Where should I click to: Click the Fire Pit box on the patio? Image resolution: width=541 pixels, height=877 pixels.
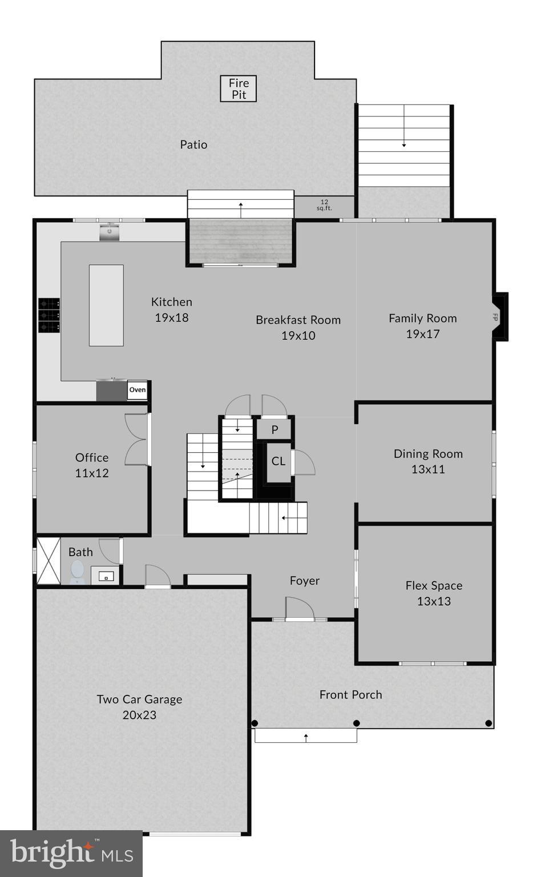(x=239, y=89)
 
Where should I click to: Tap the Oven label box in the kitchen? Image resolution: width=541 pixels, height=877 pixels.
(x=137, y=390)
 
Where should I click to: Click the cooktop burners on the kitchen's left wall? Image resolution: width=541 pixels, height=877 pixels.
(x=49, y=315)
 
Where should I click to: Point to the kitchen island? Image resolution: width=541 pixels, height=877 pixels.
(x=106, y=305)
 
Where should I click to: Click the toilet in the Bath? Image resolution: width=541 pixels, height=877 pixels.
(x=77, y=572)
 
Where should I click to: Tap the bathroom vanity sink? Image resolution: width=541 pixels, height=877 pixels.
(x=106, y=576)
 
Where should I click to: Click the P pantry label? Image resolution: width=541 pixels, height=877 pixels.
(x=274, y=429)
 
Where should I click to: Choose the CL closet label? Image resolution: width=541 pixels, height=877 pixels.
(x=278, y=461)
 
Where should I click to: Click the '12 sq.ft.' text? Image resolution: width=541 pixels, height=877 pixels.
(x=324, y=205)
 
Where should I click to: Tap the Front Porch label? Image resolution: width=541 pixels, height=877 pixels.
(x=350, y=695)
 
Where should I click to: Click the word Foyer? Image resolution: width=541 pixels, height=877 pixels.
(x=304, y=581)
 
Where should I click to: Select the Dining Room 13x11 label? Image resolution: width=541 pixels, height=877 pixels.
(x=428, y=461)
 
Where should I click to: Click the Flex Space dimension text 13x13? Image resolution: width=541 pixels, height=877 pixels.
(x=434, y=601)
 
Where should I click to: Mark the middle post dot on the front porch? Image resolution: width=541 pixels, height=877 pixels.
(x=357, y=723)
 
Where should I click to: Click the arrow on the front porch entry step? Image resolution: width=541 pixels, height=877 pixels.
(x=306, y=737)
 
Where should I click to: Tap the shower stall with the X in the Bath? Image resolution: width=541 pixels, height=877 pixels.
(x=49, y=561)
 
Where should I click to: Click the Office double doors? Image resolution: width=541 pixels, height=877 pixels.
(x=137, y=439)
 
